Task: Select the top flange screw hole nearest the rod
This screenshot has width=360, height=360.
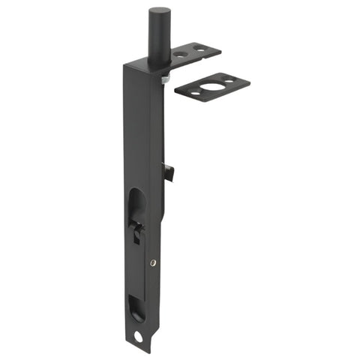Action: coord(181,54)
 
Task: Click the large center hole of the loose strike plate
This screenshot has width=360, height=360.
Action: coord(212,85)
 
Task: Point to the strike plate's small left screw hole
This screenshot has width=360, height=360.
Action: coord(193,92)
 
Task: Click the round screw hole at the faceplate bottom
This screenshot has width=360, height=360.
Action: coord(138,336)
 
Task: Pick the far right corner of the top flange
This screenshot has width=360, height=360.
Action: coord(220,52)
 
